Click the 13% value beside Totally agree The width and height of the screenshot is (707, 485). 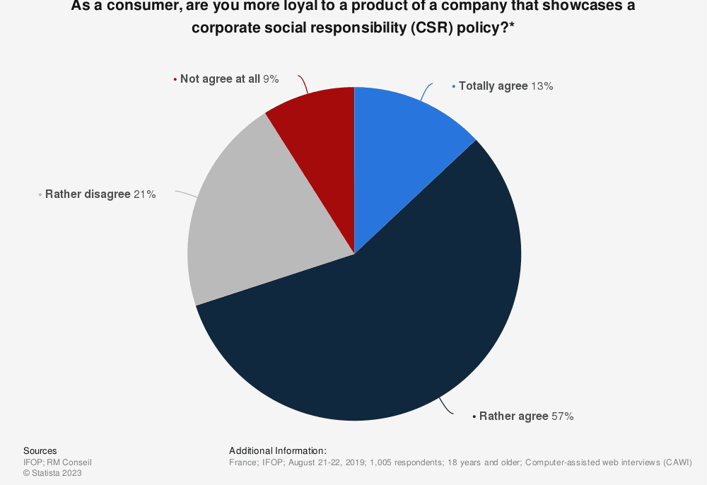click(542, 86)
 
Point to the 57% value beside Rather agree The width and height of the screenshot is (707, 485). click(562, 416)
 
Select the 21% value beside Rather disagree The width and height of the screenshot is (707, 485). click(144, 194)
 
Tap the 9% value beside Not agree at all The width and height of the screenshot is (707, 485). click(271, 79)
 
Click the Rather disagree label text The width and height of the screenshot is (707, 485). click(88, 194)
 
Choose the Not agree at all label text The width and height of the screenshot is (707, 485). click(220, 79)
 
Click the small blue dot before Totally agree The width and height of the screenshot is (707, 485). click(454, 86)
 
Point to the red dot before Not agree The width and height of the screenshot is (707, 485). click(175, 79)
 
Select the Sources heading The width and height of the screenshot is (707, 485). click(40, 451)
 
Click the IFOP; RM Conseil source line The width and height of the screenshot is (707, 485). click(57, 462)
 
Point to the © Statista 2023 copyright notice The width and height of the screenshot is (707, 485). click(52, 473)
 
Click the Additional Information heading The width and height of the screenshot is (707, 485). click(278, 451)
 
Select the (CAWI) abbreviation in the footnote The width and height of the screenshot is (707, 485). click(676, 462)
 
